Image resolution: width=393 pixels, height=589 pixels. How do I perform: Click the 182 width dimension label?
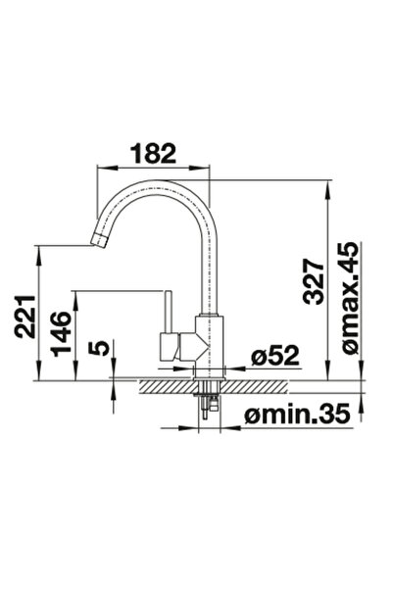tap(153, 154)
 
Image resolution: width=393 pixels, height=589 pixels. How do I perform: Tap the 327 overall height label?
tap(314, 281)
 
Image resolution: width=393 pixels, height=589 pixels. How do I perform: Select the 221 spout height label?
tap(25, 317)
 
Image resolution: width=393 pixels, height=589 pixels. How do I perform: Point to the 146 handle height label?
tap(61, 333)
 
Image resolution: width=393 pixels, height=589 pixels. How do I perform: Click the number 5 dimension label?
tap(99, 348)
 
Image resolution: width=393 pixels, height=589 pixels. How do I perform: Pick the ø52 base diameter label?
tap(275, 355)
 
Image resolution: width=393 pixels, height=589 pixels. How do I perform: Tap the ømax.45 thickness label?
tap(351, 297)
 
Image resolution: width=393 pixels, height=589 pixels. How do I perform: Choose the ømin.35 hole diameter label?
tap(297, 415)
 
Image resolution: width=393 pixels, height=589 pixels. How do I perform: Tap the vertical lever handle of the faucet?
tap(168, 312)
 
